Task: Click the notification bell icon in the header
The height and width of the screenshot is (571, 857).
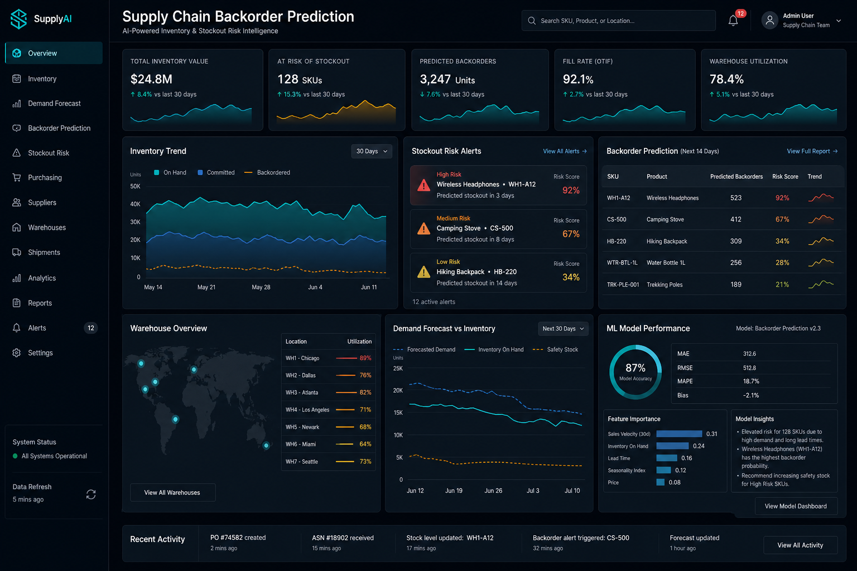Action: point(733,21)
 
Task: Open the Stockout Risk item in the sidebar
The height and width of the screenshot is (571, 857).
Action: point(48,153)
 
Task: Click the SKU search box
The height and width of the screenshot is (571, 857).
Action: point(618,21)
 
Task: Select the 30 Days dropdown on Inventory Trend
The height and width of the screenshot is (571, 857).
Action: point(372,152)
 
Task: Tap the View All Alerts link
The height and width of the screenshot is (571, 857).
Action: point(565,152)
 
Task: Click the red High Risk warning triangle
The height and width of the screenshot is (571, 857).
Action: point(423,186)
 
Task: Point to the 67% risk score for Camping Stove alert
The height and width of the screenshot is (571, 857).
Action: point(571,234)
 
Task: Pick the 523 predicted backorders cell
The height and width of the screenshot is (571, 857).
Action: point(736,198)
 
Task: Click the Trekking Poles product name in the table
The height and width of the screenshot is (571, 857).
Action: point(665,284)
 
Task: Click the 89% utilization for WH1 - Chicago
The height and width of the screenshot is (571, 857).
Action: point(365,359)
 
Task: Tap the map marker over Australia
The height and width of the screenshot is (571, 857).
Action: point(266,445)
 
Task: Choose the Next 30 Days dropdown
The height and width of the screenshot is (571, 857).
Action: point(563,329)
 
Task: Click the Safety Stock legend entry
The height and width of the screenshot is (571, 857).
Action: point(555,350)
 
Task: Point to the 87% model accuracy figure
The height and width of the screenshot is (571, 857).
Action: point(635,368)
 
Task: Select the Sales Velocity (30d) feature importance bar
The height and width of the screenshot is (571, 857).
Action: point(679,434)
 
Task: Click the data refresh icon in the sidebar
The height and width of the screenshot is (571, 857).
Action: point(91,495)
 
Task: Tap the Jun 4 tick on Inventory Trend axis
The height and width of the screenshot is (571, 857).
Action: point(315,287)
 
